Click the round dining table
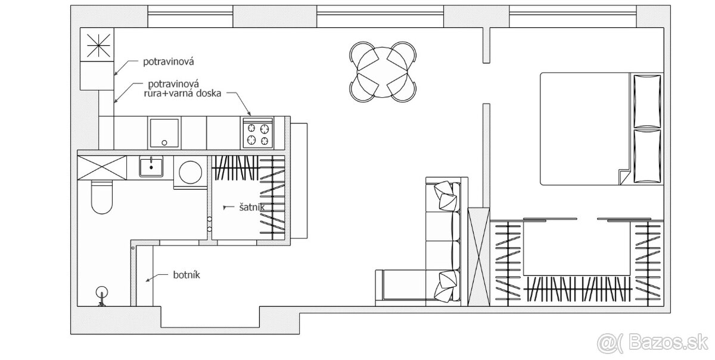(383, 72)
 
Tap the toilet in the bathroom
(102, 196)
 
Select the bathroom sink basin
(151, 166)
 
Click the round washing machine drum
(191, 172)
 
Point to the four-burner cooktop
(258, 132)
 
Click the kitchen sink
(164, 133)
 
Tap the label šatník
(252, 207)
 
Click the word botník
(186, 275)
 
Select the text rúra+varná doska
(182, 94)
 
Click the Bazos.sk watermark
(654, 344)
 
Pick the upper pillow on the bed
(647, 101)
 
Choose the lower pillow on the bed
(647, 156)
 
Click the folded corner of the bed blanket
(624, 177)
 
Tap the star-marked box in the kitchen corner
(97, 45)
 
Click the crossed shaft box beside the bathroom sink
(102, 167)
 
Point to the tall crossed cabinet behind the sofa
(478, 257)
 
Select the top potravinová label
(168, 61)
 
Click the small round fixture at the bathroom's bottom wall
(102, 293)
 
